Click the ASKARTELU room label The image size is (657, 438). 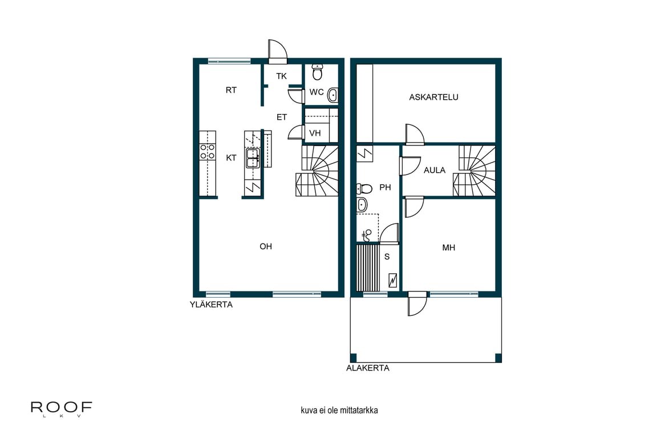433,98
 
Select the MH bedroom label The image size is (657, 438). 449,248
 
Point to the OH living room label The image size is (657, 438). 266,247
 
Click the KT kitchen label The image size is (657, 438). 231,158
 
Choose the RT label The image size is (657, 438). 231,90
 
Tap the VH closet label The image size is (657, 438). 315,133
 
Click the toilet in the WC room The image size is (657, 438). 318,72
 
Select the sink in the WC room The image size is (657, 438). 332,95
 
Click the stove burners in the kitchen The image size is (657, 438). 207,151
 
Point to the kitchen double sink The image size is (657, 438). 253,157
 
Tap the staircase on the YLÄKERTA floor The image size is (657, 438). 317,171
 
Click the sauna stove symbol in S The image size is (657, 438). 394,280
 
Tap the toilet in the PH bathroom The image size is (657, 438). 364,188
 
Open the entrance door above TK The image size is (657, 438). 278,52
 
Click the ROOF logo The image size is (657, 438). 62,408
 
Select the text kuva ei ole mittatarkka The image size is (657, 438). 339,410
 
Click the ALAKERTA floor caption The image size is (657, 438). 368,368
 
